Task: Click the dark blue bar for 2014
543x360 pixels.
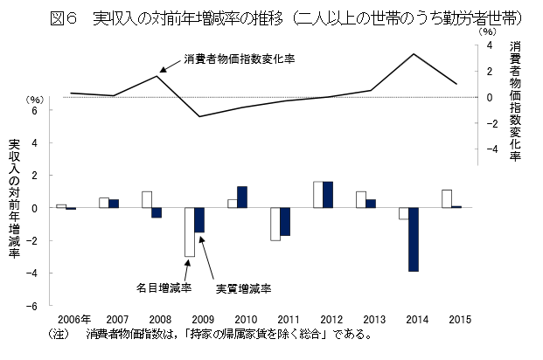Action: [414, 239]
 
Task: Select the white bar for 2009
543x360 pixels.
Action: [189, 232]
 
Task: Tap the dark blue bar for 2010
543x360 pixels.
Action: [242, 197]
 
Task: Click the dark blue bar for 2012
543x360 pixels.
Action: [328, 195]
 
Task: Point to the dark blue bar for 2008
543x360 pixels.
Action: [157, 212]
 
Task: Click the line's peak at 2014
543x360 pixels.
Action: [414, 54]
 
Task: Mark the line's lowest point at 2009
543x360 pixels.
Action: [199, 116]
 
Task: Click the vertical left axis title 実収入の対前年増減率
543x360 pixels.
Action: [13, 199]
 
